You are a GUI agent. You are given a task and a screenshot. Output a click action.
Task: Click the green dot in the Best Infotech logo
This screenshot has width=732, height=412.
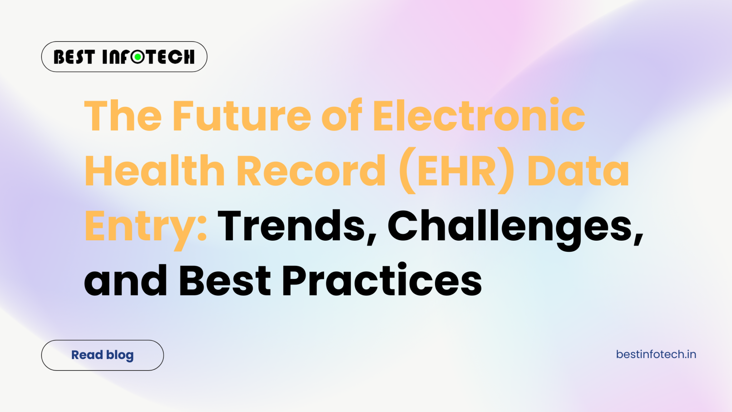138,57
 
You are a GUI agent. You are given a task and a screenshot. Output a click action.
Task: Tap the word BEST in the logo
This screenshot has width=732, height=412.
74,57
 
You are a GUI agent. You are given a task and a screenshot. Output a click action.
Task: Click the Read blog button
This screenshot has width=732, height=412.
103,355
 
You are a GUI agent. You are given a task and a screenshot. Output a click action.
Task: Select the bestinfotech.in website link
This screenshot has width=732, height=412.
656,354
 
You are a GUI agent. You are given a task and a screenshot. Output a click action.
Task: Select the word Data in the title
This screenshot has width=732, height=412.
578,171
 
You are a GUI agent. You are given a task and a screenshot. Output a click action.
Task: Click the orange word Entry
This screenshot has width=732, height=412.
139,226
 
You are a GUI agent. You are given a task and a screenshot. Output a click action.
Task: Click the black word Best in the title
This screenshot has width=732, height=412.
225,281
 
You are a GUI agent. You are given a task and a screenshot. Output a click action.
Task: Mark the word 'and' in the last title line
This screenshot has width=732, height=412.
125,281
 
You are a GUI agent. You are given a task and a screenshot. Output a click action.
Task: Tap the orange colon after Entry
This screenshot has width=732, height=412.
202,229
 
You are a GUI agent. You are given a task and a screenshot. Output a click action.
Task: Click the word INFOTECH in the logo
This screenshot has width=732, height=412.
148,57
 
